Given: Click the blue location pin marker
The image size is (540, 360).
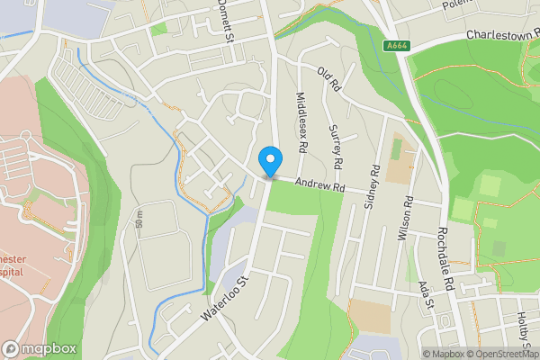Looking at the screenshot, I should point(268,162).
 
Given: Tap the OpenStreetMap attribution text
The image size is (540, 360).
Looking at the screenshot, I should point(500,354).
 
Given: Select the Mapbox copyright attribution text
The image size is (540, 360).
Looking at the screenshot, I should point(442,354).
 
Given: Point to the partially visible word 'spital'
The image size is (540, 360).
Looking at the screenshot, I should point(11,271).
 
